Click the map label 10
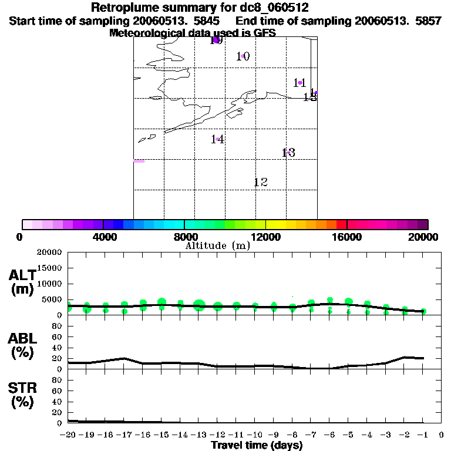pyautogui.click(x=243, y=56)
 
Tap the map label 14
pyautogui.click(x=217, y=139)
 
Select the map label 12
pyautogui.click(x=260, y=182)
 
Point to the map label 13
pyautogui.click(x=288, y=153)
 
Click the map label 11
pyautogui.click(x=299, y=83)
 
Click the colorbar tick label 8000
pyautogui.click(x=184, y=237)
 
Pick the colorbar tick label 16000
pyautogui.click(x=347, y=237)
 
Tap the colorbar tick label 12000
pyautogui.click(x=266, y=237)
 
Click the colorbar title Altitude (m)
pyautogui.click(x=217, y=246)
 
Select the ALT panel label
pyautogui.click(x=22, y=282)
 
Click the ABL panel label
pyautogui.click(x=22, y=345)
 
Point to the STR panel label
pyautogui.click(x=22, y=395)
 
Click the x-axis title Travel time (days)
pyautogui.click(x=257, y=445)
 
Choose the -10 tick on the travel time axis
pyautogui.click(x=254, y=435)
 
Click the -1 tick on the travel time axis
pyautogui.click(x=422, y=435)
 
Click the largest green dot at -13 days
pyautogui.click(x=199, y=305)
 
